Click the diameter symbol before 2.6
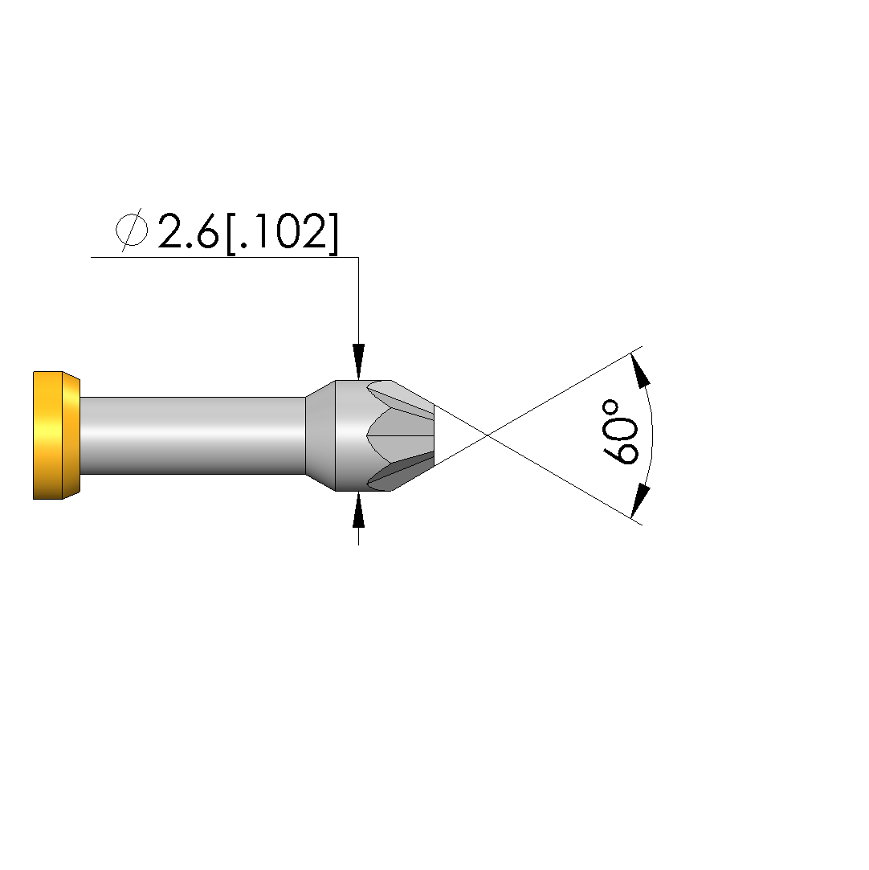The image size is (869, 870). click(132, 230)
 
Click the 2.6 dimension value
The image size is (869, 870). click(188, 231)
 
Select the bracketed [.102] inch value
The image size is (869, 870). click(282, 233)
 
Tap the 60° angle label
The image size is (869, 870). click(620, 431)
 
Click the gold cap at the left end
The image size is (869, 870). click(56, 435)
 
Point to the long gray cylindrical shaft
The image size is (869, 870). click(193, 435)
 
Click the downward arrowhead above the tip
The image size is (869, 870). click(359, 361)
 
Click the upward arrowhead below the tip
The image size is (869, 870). click(359, 509)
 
